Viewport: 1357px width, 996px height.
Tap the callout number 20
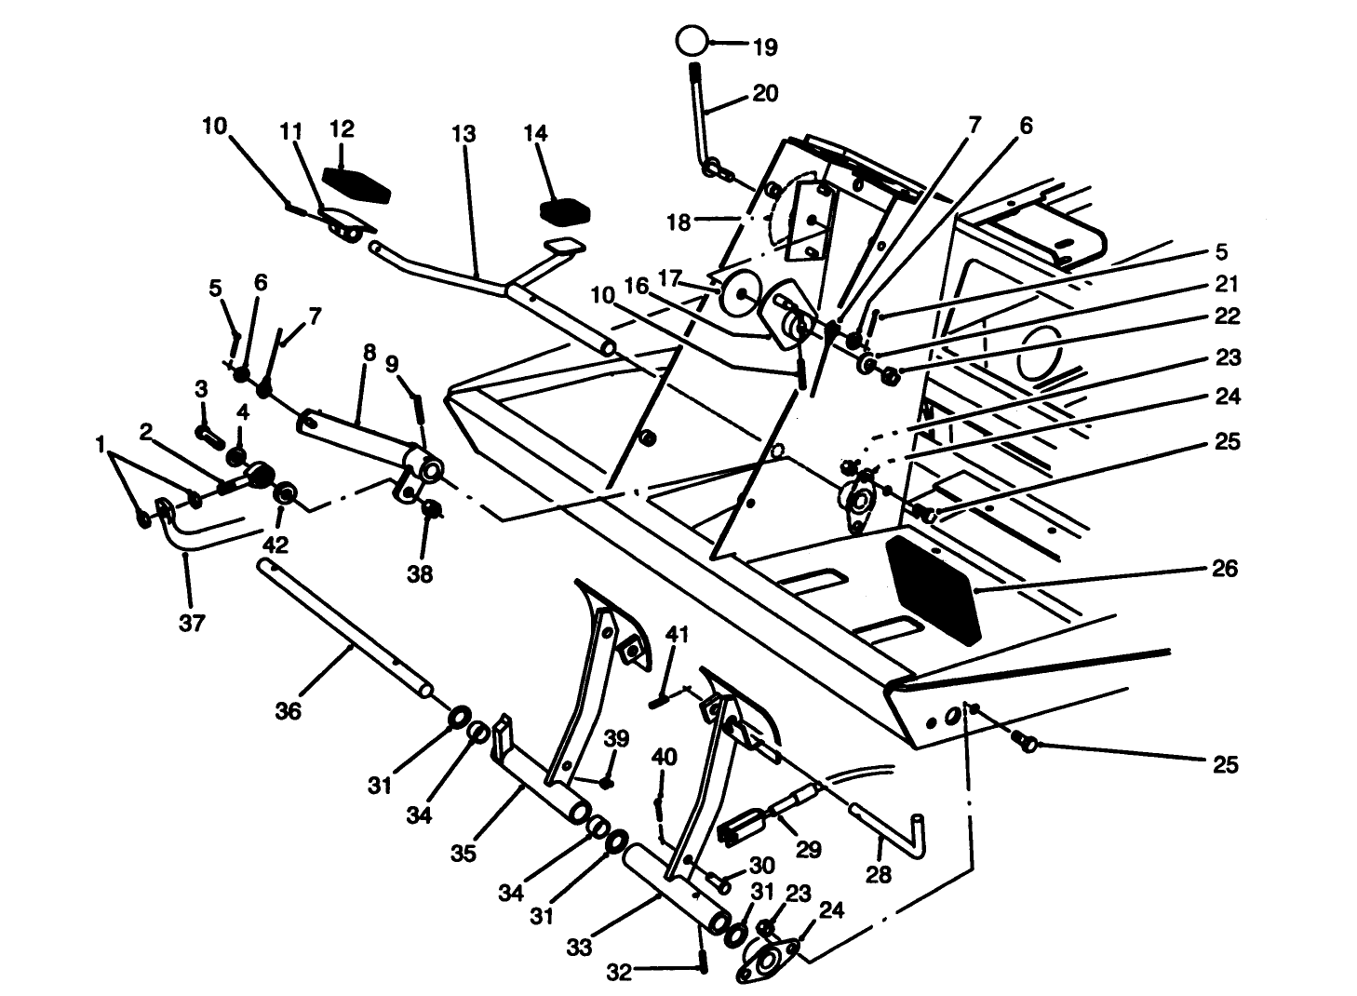[x=764, y=94]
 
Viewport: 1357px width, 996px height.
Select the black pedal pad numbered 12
[x=356, y=185]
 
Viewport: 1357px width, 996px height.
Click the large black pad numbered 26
[x=934, y=588]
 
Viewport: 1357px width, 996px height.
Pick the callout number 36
[x=289, y=711]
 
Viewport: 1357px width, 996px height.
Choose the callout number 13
[x=464, y=134]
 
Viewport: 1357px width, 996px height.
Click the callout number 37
[x=191, y=624]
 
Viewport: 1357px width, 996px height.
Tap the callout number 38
[x=420, y=574]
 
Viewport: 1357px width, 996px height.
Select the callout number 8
[x=369, y=354]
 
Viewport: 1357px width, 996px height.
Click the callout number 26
[x=1226, y=568]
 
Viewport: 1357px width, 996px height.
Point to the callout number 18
[x=678, y=222]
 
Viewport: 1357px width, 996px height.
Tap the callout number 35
[x=463, y=853]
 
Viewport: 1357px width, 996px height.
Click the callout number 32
[x=619, y=973]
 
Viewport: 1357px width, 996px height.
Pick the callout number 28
[x=878, y=874]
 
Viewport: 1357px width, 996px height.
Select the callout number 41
[x=677, y=635]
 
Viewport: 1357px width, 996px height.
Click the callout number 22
[x=1227, y=316]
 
